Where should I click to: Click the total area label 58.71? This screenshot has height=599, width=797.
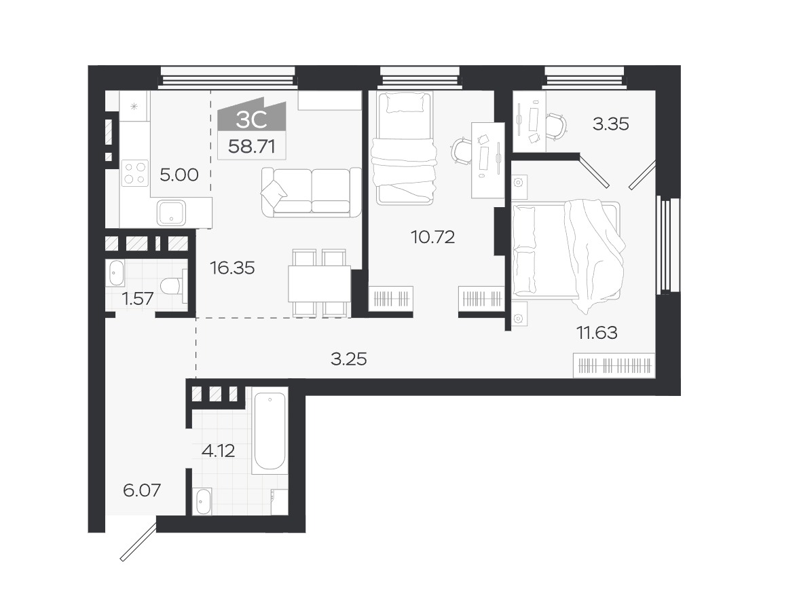252,147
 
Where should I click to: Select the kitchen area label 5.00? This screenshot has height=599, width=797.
179,175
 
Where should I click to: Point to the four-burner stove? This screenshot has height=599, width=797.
135,173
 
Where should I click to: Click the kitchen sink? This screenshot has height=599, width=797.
171,212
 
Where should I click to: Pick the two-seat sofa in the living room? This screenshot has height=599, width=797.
311,192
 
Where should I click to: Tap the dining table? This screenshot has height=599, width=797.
319,284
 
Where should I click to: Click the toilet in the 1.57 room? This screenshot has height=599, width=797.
173,287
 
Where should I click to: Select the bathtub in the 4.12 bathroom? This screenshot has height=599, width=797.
270,431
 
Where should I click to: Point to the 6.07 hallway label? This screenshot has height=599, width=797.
142,490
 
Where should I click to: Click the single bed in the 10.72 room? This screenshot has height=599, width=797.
405,147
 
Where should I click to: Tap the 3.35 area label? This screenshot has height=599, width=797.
610,124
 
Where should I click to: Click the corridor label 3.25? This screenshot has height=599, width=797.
349,359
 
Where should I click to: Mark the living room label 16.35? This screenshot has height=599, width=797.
232,268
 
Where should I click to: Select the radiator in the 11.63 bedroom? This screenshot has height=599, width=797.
614,365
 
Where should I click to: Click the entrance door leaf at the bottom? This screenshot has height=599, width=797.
138,541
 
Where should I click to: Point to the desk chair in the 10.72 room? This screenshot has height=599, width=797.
462,151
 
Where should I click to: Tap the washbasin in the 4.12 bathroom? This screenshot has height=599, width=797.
203,502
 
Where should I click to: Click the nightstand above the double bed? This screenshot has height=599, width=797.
519,182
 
